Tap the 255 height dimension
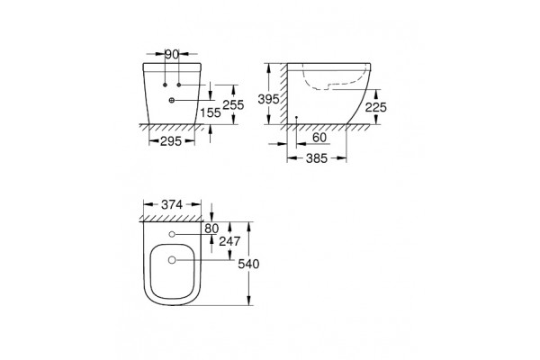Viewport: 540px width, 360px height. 233,104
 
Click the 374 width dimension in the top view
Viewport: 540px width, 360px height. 169,205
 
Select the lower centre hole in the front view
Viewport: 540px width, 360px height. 172,100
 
